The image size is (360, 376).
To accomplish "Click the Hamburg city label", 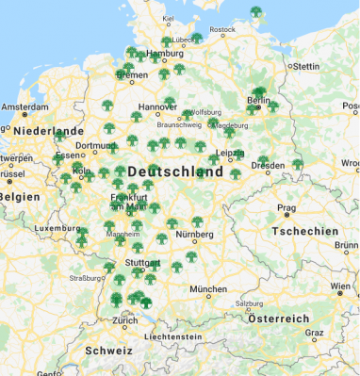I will click(x=165, y=55).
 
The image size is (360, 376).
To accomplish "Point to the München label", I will click(x=207, y=288).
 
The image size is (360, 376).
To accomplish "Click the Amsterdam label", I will click(x=24, y=106).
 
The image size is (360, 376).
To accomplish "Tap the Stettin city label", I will click(x=307, y=67).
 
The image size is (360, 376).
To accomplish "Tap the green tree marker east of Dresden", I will click(x=297, y=164).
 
